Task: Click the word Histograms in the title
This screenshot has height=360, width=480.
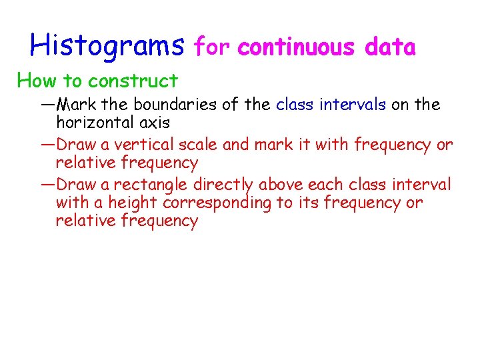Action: click(x=107, y=45)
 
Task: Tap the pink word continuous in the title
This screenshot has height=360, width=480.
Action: click(x=296, y=47)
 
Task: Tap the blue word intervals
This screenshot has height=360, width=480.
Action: click(x=352, y=105)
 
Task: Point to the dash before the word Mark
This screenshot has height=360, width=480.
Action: click(x=48, y=105)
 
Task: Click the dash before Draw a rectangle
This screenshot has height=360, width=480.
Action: click(x=48, y=183)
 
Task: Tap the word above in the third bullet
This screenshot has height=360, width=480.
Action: click(x=281, y=183)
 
